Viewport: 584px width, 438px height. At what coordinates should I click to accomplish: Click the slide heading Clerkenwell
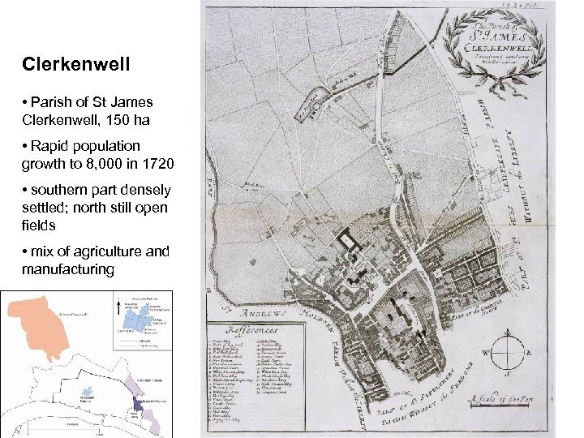point(66,62)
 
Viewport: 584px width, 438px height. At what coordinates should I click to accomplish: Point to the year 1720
point(157,164)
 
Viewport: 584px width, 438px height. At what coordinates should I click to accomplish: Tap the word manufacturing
point(68,268)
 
